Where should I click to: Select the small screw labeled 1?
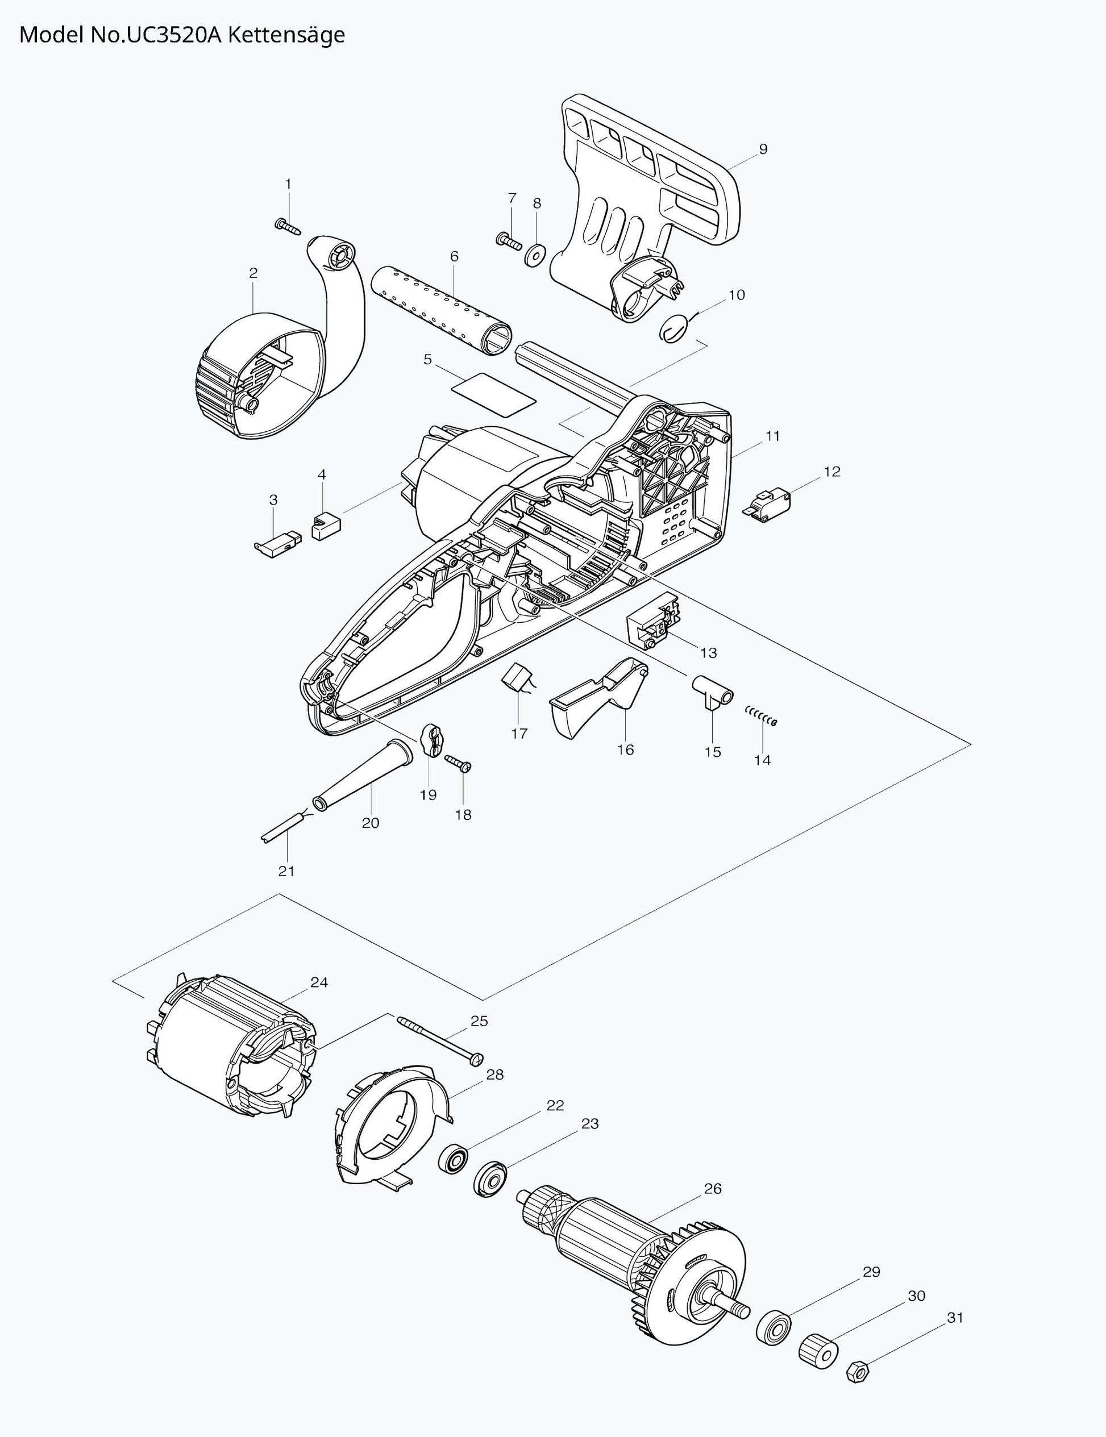tap(287, 227)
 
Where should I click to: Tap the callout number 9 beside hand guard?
tap(763, 149)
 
